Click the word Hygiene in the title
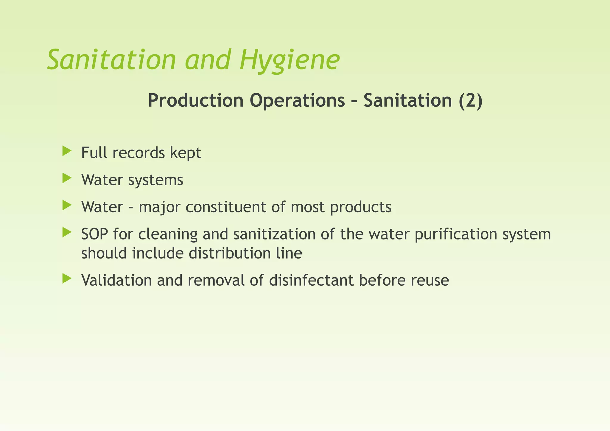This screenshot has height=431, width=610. point(289,60)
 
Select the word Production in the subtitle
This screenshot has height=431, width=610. point(196,100)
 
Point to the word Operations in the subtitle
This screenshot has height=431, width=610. point(297,100)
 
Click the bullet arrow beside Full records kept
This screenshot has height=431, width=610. point(67,151)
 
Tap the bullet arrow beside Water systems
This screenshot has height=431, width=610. point(67,178)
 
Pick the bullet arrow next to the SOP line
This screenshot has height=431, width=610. point(67,232)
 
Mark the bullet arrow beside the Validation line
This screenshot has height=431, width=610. point(67,278)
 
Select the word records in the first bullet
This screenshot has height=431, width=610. point(138,153)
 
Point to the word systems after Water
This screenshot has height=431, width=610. point(156,180)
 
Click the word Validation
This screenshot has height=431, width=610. point(116,280)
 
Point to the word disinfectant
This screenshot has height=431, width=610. point(312,280)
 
